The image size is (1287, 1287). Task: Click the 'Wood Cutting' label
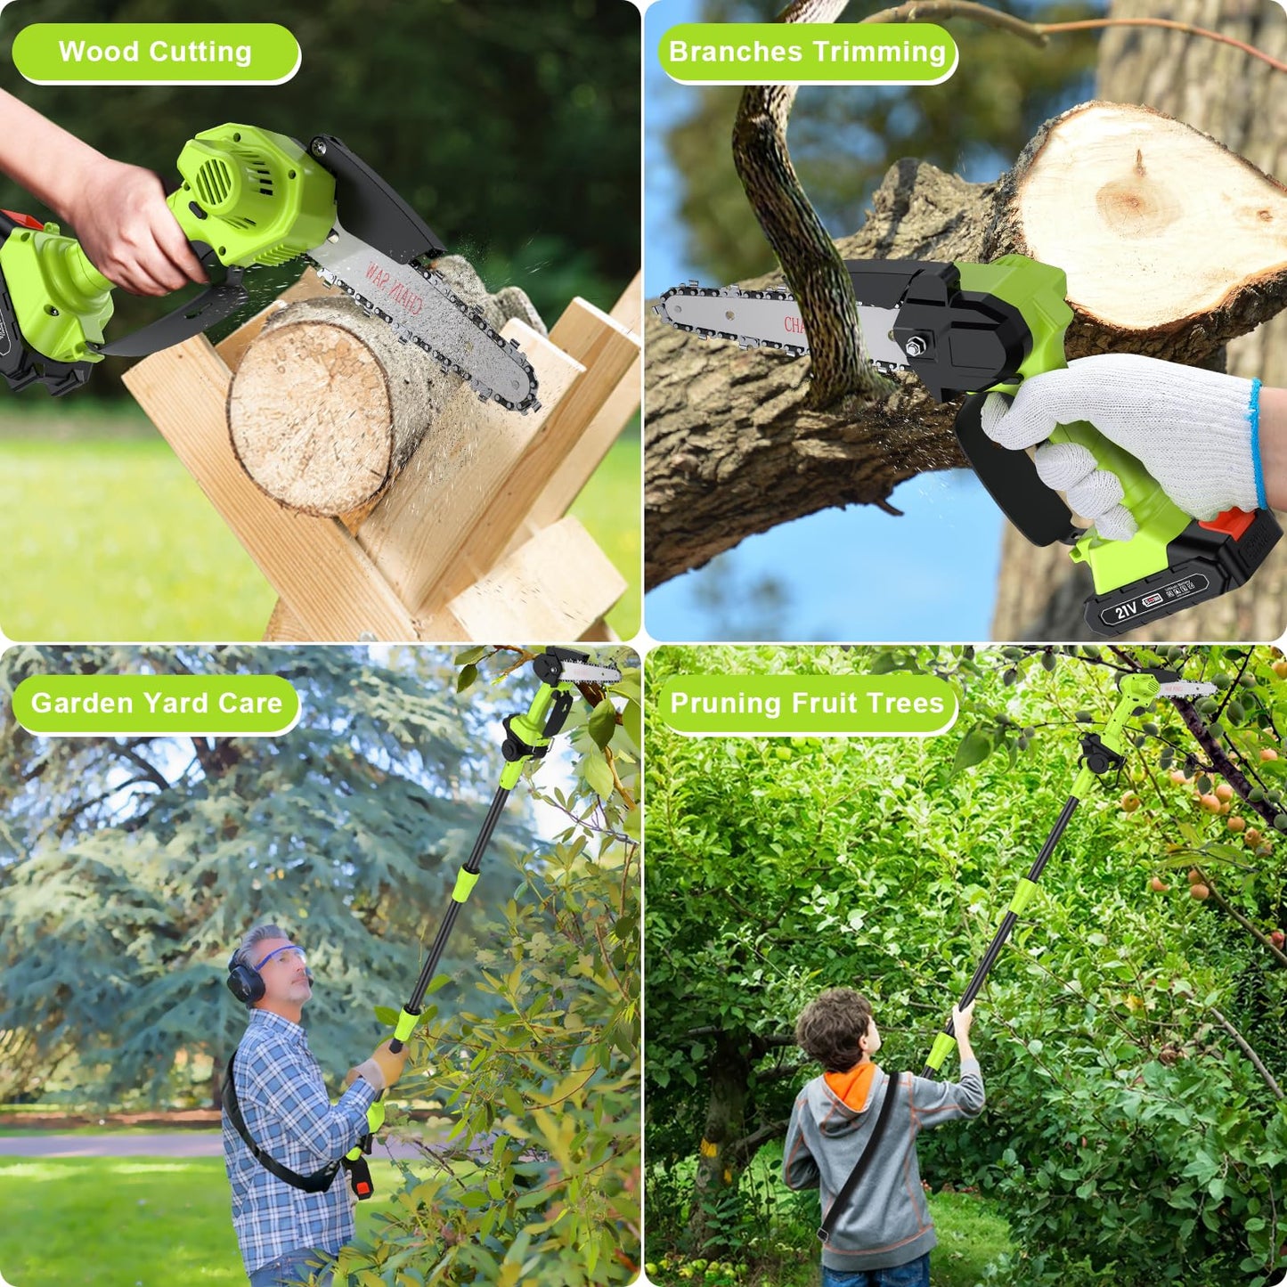pyautogui.click(x=155, y=53)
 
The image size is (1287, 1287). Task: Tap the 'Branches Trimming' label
pyautogui.click(x=807, y=53)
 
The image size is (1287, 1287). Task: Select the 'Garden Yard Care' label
pyautogui.click(x=157, y=704)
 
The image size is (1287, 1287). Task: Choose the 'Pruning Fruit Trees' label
pyautogui.click(x=806, y=704)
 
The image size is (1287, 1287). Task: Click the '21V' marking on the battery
pyautogui.click(x=1126, y=610)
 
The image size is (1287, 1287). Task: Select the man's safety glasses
pyautogui.click(x=283, y=959)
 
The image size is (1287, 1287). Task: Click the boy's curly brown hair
pyautogui.click(x=834, y=1029)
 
